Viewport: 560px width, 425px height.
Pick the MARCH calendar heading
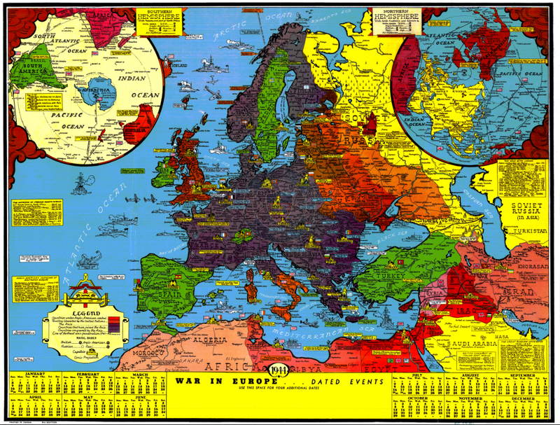click(x=140, y=375)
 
